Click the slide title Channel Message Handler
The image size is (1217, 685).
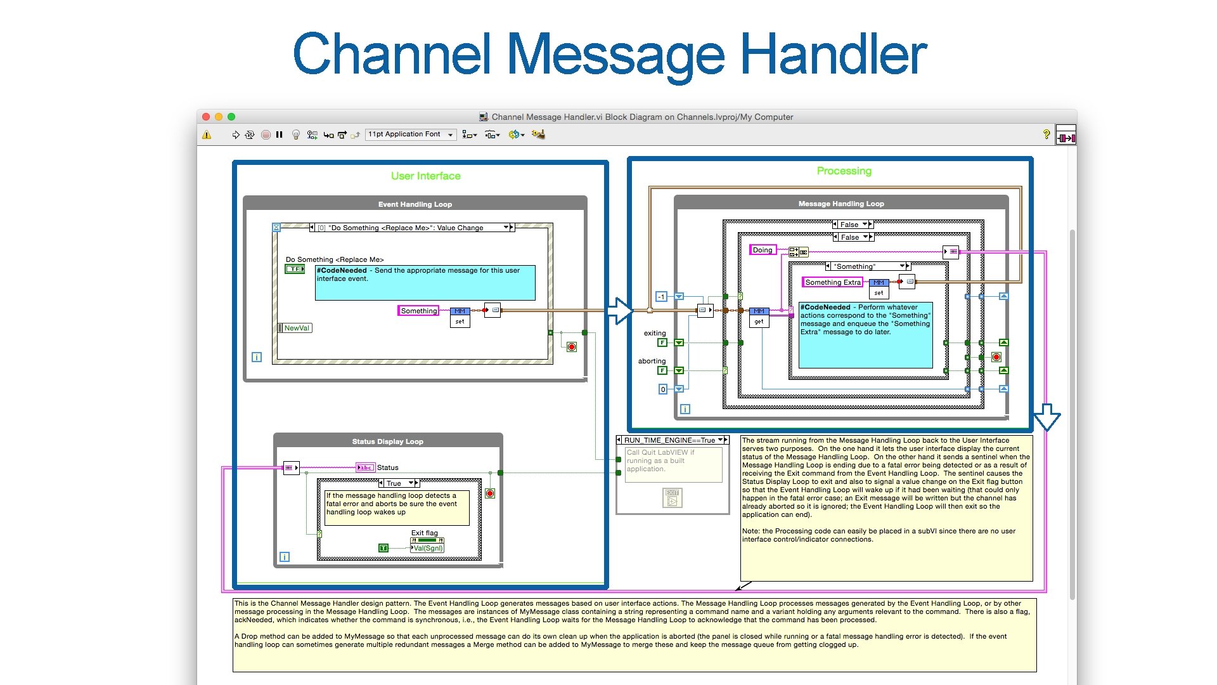[609, 55]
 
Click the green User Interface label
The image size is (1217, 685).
[425, 176]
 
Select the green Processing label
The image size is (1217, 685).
[844, 171]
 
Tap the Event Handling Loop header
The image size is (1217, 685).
[415, 204]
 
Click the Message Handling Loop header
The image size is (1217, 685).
[840, 204]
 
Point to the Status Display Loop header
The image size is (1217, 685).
[387, 441]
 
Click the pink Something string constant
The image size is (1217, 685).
[418, 311]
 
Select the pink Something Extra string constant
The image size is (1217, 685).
[832, 282]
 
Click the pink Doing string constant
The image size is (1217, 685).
[762, 250]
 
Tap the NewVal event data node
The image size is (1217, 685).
[295, 328]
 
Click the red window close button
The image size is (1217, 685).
[206, 117]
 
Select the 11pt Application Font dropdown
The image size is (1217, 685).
[410, 134]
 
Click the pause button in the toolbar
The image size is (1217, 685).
[279, 134]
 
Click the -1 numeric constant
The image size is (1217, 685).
[661, 296]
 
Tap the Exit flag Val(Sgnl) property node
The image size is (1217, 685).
[427, 548]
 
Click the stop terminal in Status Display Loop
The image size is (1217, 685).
[489, 493]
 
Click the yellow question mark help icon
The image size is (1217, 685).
[1046, 134]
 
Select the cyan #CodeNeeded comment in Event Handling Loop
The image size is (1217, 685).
[425, 282]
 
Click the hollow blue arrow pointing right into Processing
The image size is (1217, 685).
[619, 311]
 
